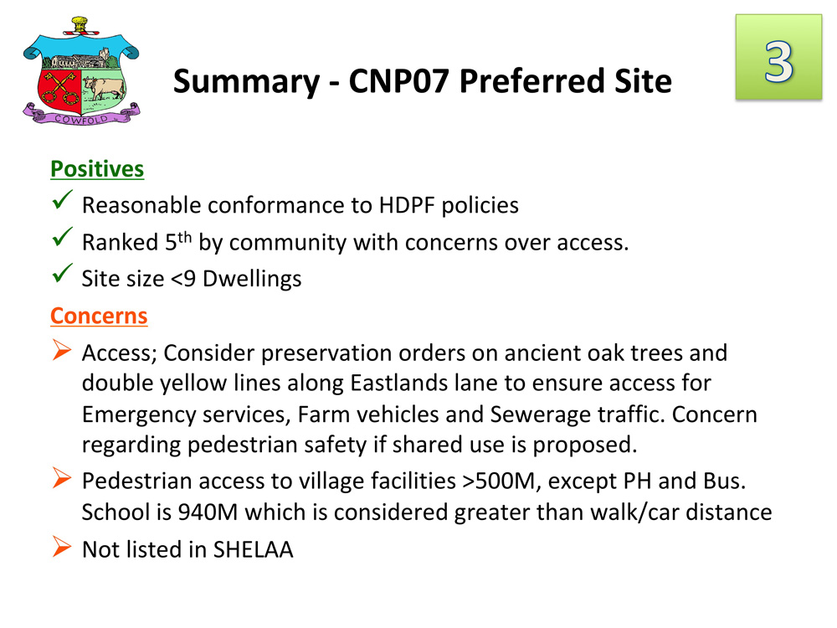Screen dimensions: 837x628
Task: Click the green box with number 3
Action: point(778,57)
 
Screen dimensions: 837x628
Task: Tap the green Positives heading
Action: point(97,169)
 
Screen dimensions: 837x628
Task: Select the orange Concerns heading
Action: point(99,316)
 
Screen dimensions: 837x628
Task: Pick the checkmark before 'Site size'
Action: point(63,273)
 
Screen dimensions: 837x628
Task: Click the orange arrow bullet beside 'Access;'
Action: point(62,350)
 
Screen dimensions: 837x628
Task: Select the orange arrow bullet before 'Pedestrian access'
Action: point(62,478)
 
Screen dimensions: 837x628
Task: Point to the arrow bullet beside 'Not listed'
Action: point(62,546)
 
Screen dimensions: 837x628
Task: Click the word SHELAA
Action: point(254,549)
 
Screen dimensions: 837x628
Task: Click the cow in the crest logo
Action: point(104,88)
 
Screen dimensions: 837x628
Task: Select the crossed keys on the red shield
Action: point(59,89)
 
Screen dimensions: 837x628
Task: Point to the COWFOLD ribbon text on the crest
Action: point(81,119)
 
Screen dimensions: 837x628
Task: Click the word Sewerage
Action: point(540,415)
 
